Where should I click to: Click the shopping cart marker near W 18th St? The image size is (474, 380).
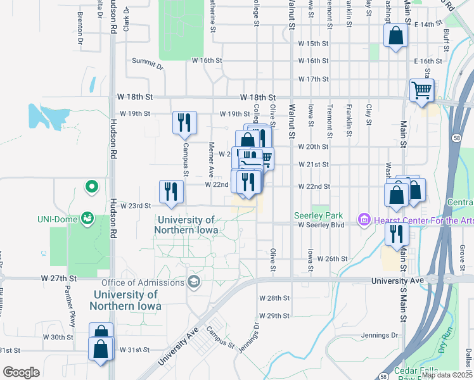(x=421, y=90)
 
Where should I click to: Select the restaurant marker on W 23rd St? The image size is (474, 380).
(x=170, y=193)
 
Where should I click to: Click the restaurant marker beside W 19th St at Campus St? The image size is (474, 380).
(x=184, y=123)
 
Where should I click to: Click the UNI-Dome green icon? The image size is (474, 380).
(x=87, y=219)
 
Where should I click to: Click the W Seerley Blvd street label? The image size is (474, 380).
(x=320, y=225)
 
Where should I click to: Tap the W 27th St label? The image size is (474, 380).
(x=58, y=278)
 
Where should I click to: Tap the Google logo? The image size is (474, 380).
(x=21, y=372)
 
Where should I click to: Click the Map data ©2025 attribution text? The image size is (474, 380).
(x=447, y=375)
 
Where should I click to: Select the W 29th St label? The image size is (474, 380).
(x=274, y=315)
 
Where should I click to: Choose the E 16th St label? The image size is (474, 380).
(x=422, y=61)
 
